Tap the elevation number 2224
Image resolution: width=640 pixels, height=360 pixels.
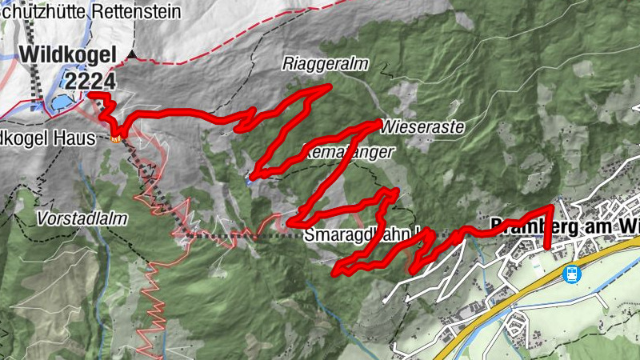pyautogui.click(x=91, y=80)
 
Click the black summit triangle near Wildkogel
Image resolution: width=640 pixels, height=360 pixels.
pyautogui.click(x=133, y=55)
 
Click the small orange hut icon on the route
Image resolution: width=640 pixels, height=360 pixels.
pyautogui.click(x=118, y=141)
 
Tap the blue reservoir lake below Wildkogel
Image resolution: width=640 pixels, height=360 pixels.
pyautogui.click(x=62, y=102)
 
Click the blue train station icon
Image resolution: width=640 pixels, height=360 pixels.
pyautogui.click(x=572, y=274)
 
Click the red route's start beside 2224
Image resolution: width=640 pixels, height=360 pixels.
pyautogui.click(x=90, y=94)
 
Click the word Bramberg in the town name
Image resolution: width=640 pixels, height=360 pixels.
pyautogui.click(x=521, y=226)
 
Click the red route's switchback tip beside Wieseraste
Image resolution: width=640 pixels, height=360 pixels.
pyautogui.click(x=378, y=122)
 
